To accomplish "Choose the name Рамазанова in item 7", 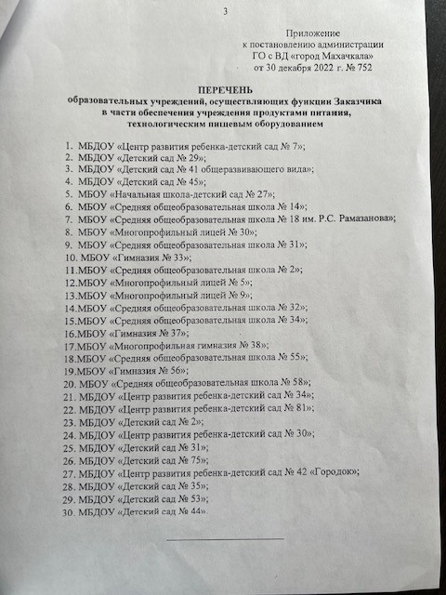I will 361,218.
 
